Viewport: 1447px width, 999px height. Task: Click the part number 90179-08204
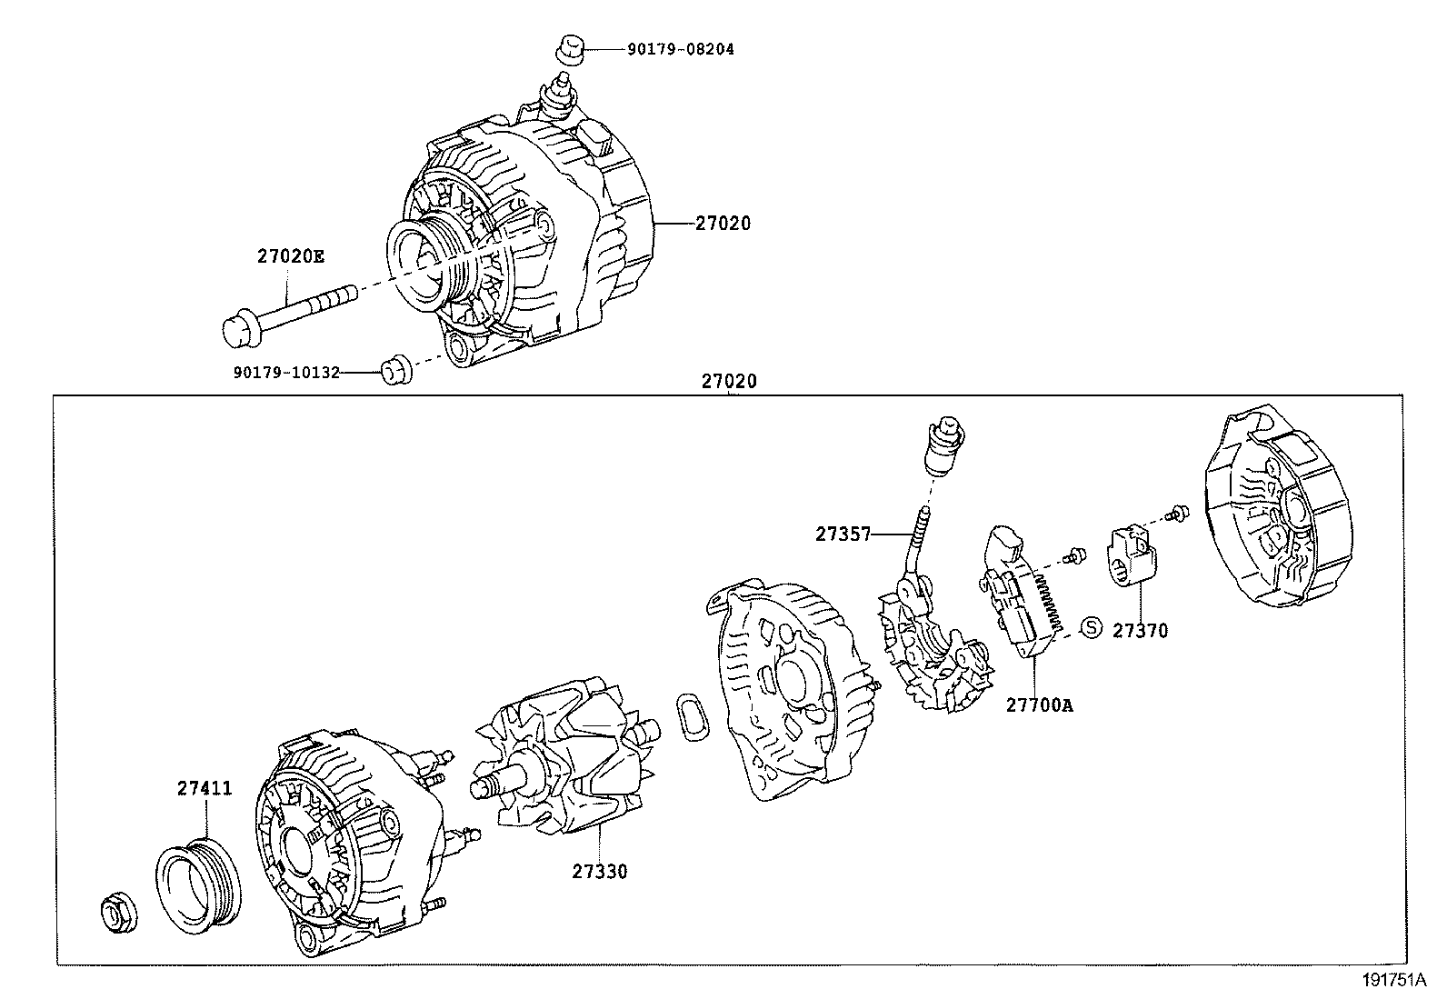click(680, 49)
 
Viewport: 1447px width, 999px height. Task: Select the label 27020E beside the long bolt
click(290, 256)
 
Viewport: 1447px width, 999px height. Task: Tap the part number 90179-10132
click(286, 372)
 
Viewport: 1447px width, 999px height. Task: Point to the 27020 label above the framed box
click(728, 383)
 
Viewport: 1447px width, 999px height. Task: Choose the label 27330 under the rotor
click(599, 872)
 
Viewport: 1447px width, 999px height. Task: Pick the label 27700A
click(1039, 704)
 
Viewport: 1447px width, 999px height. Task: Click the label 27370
click(1140, 630)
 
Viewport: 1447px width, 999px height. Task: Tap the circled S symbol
click(1091, 627)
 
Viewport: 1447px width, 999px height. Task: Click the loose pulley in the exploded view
click(198, 887)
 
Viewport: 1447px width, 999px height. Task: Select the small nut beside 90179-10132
click(393, 371)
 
